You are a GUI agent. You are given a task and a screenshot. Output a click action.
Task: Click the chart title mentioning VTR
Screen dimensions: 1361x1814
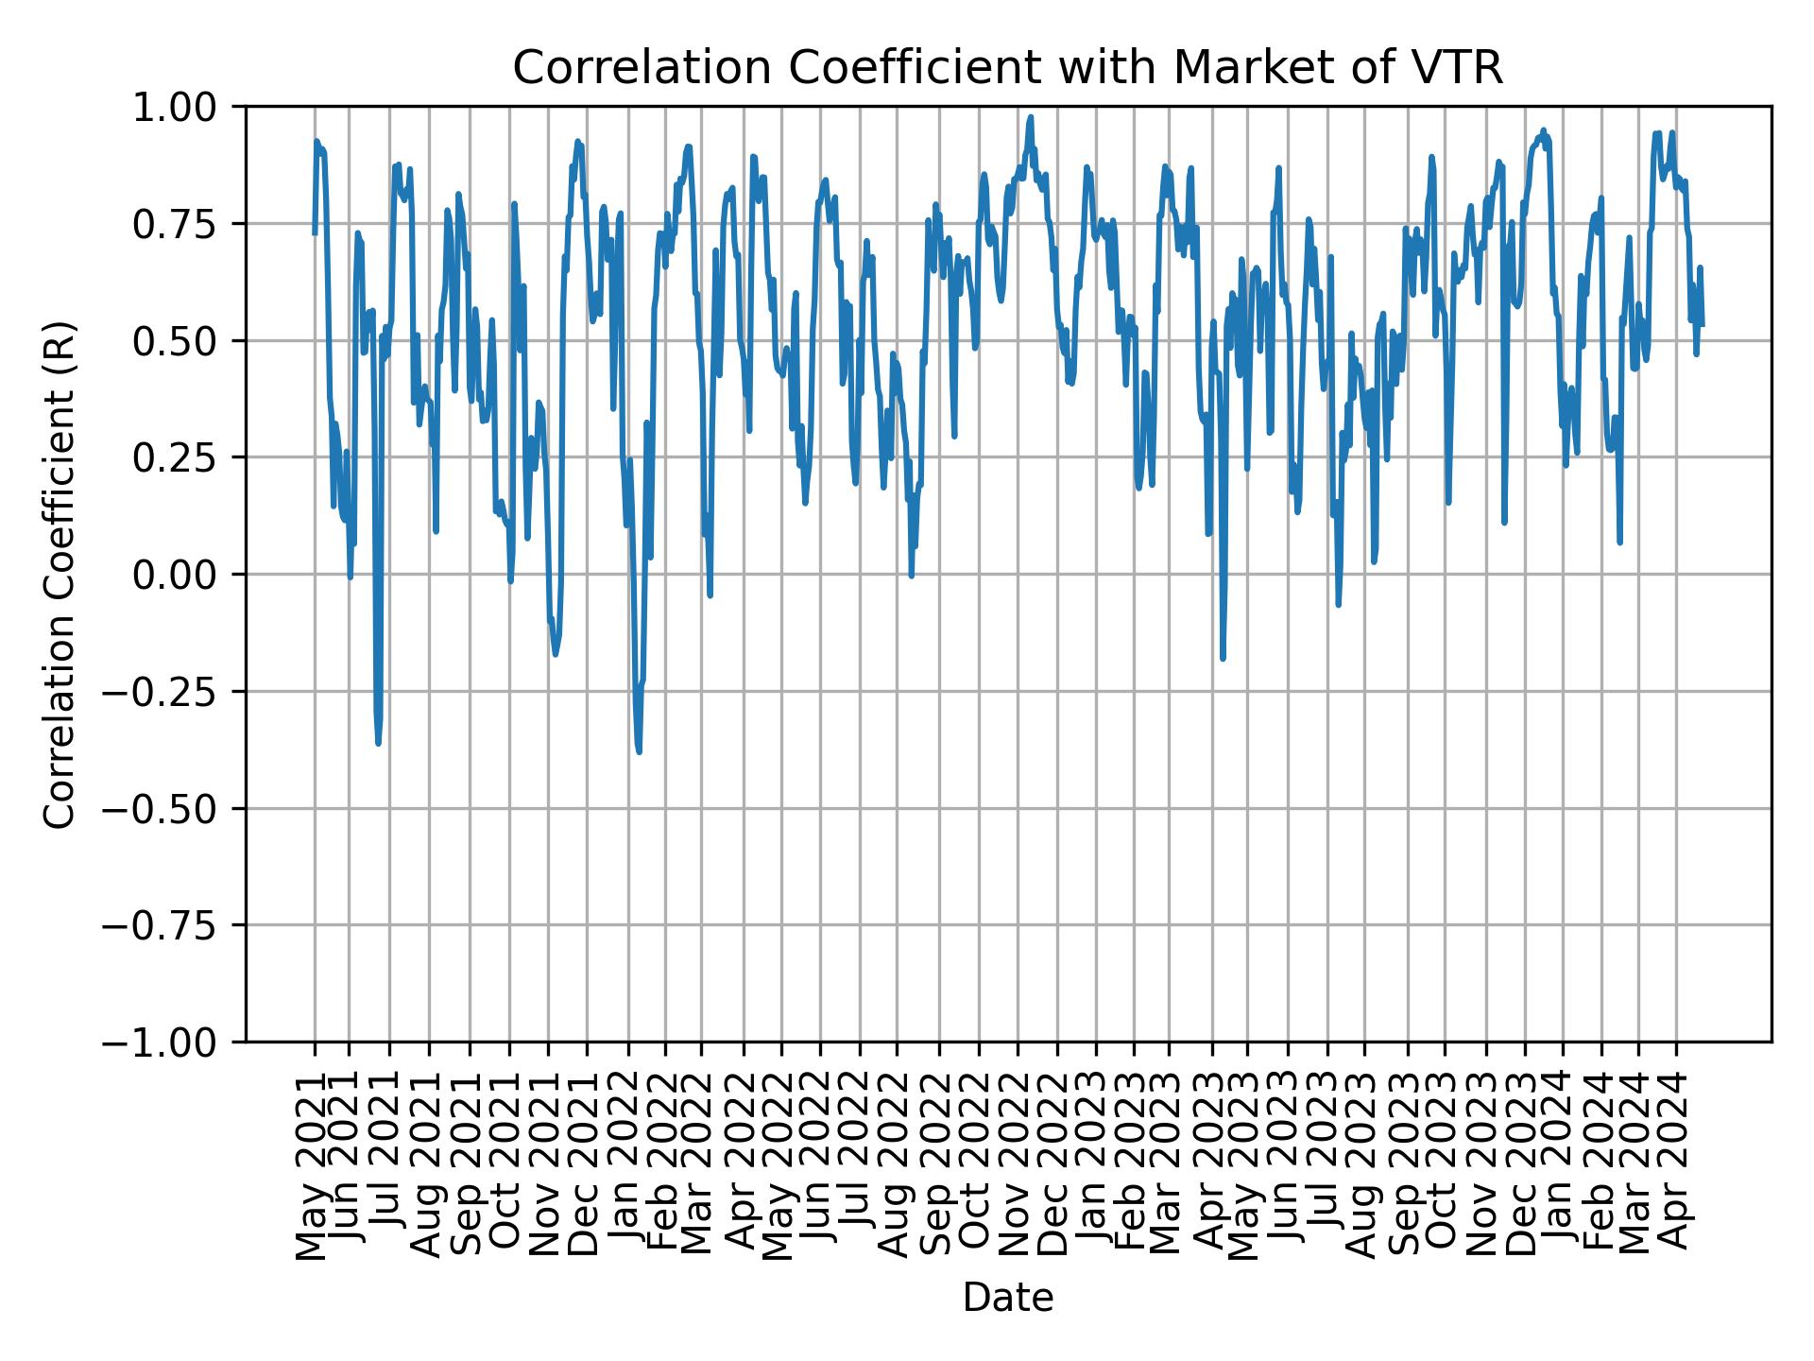coord(1007,68)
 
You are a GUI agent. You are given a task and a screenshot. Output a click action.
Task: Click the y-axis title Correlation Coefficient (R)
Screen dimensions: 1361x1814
coord(60,575)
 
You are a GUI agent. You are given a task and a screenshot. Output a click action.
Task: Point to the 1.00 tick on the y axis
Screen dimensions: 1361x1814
coord(186,107)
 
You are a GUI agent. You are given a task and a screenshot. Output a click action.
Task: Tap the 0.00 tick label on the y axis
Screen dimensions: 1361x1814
coord(186,575)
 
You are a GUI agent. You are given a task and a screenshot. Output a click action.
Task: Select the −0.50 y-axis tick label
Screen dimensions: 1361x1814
coord(175,808)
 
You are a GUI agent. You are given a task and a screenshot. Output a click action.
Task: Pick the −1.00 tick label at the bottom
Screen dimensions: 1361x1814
coord(175,1042)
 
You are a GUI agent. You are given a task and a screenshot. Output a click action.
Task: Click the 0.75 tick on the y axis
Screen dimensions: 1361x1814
coord(186,224)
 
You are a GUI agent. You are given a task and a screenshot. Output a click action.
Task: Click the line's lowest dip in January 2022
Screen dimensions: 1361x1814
coord(639,752)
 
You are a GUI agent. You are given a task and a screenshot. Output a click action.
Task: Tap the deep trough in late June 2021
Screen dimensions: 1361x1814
coord(378,744)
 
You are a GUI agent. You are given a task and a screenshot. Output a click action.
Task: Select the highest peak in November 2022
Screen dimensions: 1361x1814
coord(1031,117)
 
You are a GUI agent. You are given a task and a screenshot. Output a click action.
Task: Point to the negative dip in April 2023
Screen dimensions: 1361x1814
coord(1223,659)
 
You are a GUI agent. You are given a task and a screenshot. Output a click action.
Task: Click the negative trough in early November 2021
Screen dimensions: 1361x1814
coord(555,654)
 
